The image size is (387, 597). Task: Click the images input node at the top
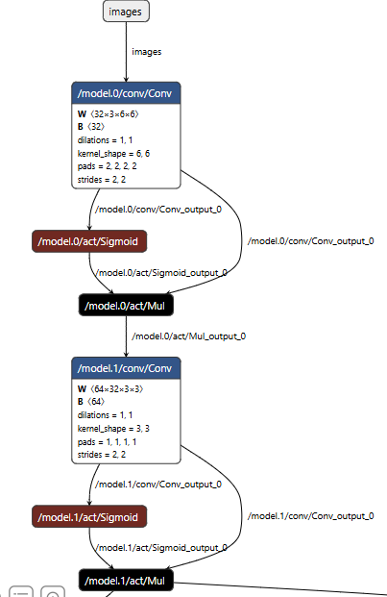click(126, 12)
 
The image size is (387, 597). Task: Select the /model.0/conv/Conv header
click(126, 93)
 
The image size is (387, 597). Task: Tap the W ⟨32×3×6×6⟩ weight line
click(109, 113)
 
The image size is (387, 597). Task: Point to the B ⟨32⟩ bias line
click(91, 126)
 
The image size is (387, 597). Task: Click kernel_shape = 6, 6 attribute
click(113, 154)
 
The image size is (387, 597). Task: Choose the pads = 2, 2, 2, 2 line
click(108, 166)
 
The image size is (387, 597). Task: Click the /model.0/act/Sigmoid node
click(89, 241)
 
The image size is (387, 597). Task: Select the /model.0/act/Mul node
click(126, 306)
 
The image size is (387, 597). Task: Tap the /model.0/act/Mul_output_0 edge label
click(189, 336)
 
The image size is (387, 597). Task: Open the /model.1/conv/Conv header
click(126, 368)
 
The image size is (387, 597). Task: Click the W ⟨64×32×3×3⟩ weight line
click(110, 389)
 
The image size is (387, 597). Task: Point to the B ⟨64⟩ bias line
click(91, 402)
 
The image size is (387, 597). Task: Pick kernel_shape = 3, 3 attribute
click(113, 429)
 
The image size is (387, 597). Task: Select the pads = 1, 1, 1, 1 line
click(108, 442)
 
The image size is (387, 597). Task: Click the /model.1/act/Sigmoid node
click(89, 516)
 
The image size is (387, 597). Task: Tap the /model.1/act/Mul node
click(126, 581)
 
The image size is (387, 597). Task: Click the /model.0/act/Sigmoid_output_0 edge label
click(162, 273)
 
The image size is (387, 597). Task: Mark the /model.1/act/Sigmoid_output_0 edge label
click(162, 548)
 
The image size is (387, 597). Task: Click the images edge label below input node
click(147, 52)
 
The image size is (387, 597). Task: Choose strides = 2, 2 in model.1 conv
click(102, 455)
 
